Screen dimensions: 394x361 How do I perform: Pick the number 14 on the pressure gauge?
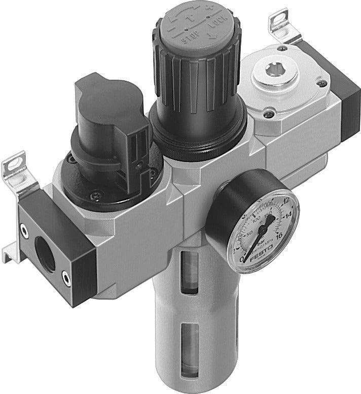coord(290,216)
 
